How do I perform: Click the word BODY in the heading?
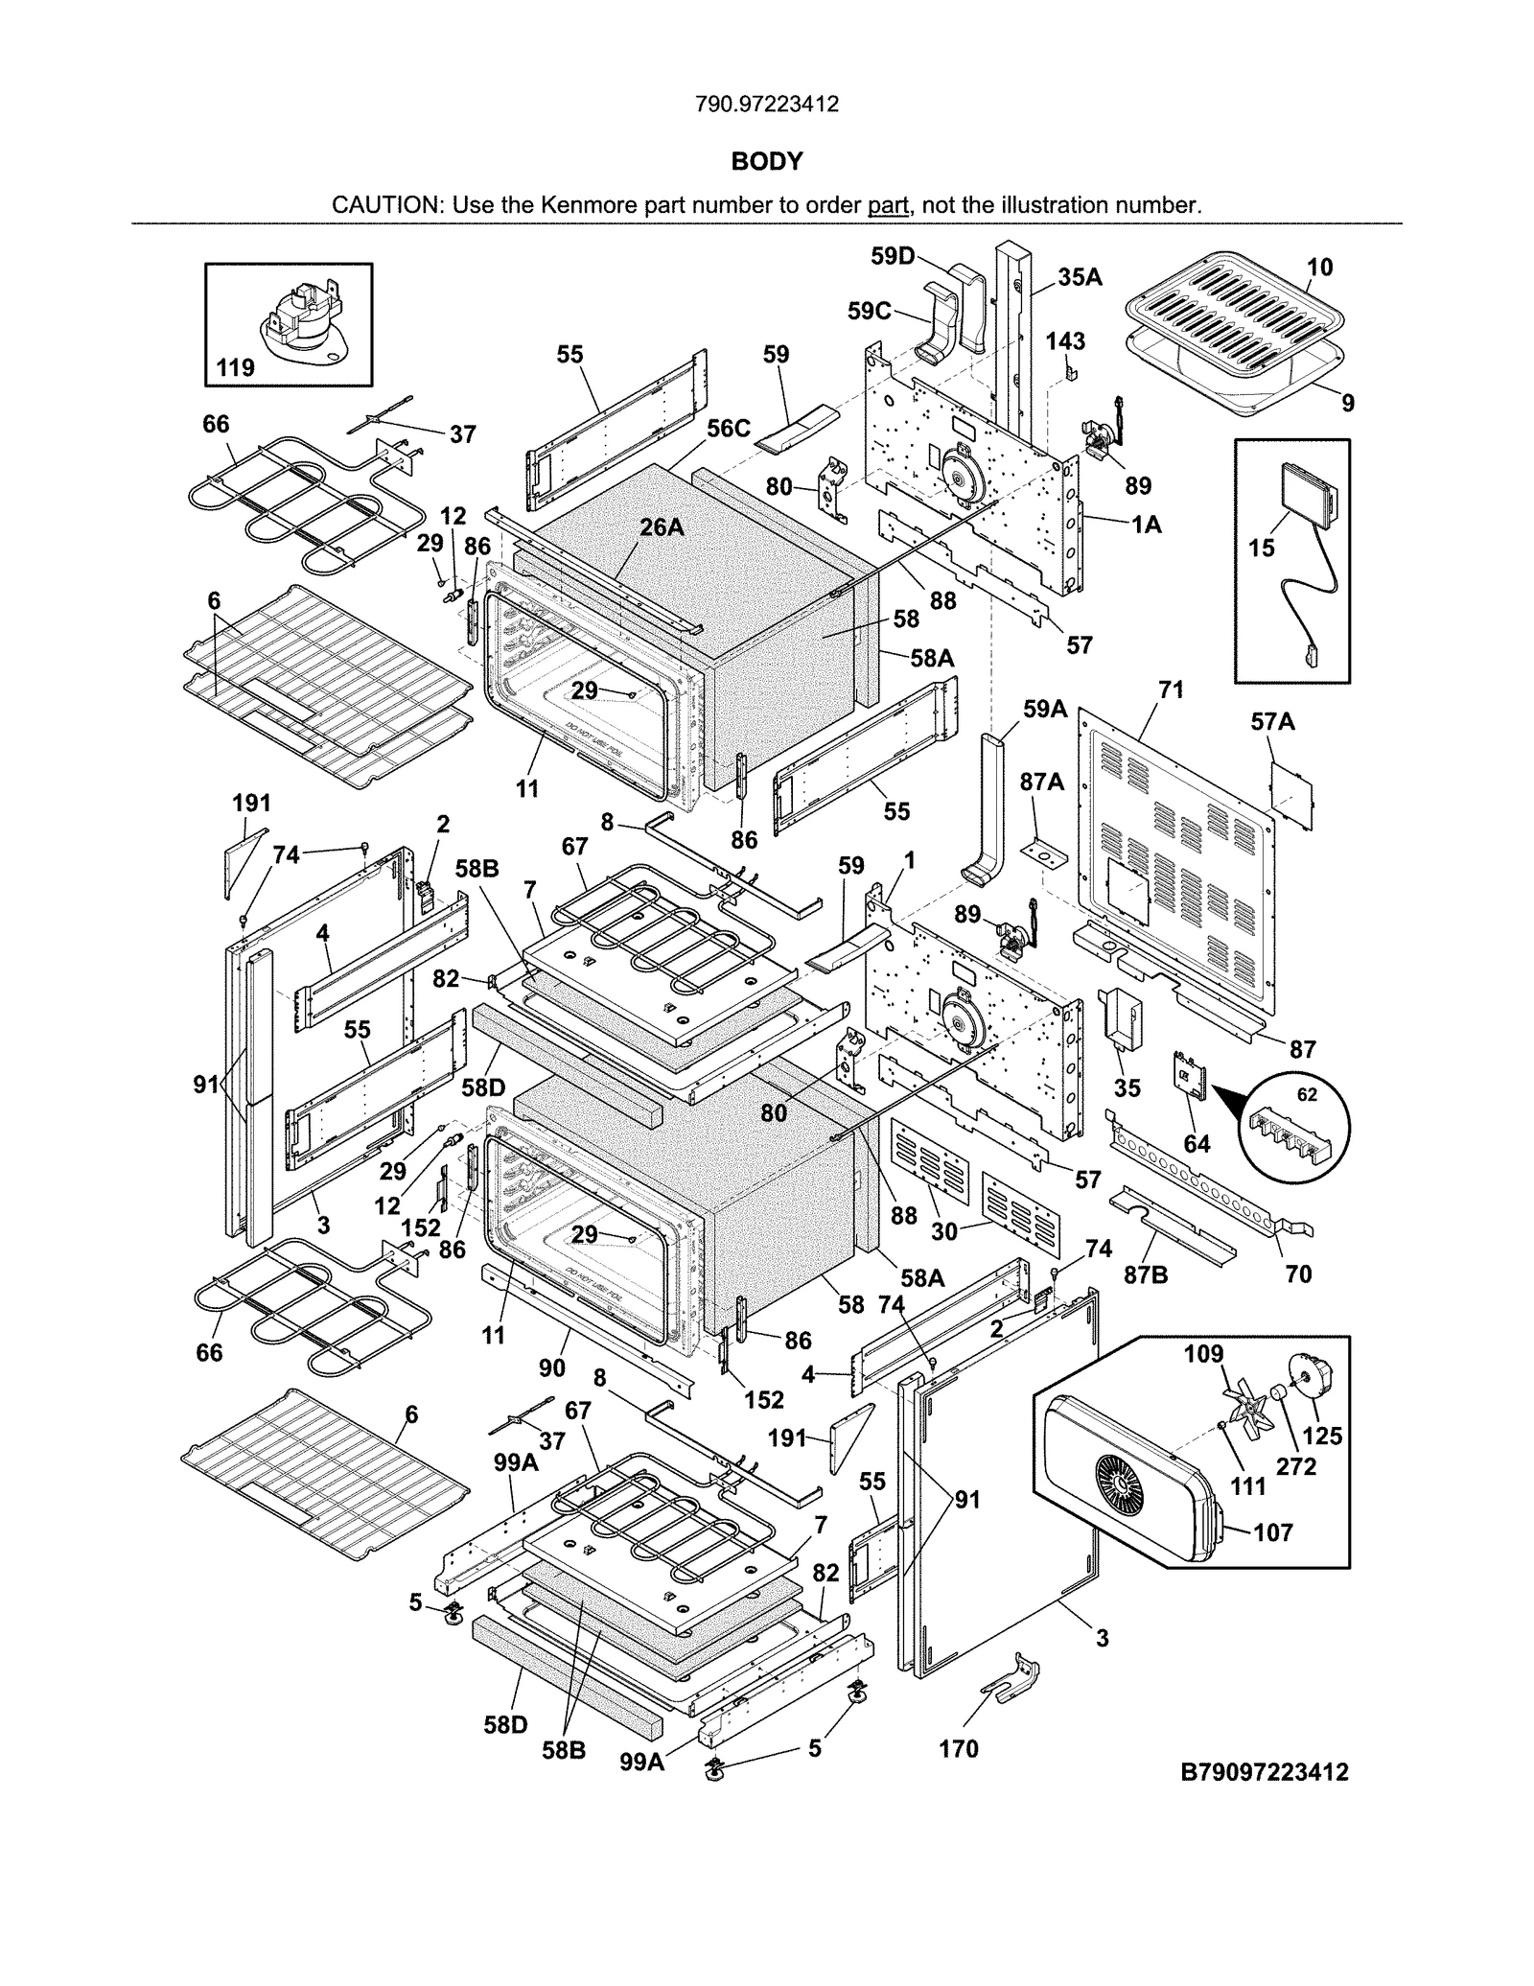[x=766, y=161]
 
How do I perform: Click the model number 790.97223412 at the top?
[x=766, y=104]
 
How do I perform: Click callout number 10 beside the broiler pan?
[x=1319, y=268]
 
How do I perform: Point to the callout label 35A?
[x=1080, y=277]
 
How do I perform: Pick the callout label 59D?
[x=893, y=256]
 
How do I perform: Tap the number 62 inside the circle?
[x=1307, y=1094]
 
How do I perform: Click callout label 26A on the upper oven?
[x=662, y=526]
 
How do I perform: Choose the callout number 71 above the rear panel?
[x=1171, y=689]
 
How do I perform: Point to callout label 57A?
[x=1272, y=722]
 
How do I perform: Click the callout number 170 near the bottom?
[x=958, y=1749]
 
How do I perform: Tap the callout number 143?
[x=1064, y=340]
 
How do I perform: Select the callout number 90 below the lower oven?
[x=552, y=1367]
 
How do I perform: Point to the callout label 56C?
[x=729, y=429]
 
